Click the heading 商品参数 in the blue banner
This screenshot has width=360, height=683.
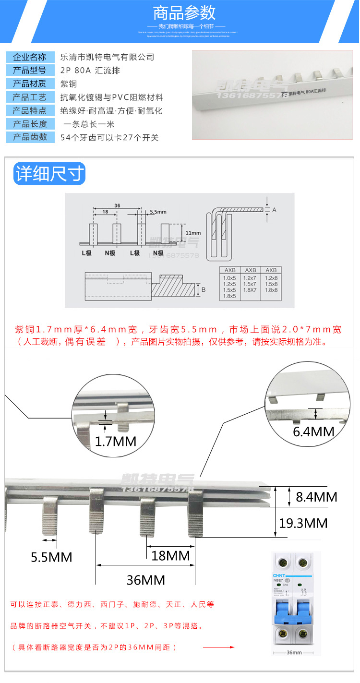point(184,12)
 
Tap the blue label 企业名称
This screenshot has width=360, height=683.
point(30,57)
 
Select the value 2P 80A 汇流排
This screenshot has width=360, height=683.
point(90,71)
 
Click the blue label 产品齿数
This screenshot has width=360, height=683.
point(30,137)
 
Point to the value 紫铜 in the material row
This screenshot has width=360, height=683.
point(67,84)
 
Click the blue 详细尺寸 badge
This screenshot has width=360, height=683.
point(49,173)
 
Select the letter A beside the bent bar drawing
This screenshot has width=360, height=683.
point(274,210)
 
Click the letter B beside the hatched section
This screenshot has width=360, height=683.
point(203,289)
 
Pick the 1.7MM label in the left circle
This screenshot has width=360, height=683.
point(115,441)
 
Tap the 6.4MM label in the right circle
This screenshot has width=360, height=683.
point(313,431)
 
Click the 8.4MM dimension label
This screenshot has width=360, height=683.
point(316,497)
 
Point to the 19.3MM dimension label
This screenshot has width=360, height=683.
point(303,523)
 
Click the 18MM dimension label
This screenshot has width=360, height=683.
point(170,556)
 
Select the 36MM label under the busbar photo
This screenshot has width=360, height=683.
point(146,580)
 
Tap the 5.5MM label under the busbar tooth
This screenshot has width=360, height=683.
point(51,557)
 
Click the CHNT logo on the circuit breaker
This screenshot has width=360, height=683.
point(279,575)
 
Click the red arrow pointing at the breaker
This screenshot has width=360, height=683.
point(218,647)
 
